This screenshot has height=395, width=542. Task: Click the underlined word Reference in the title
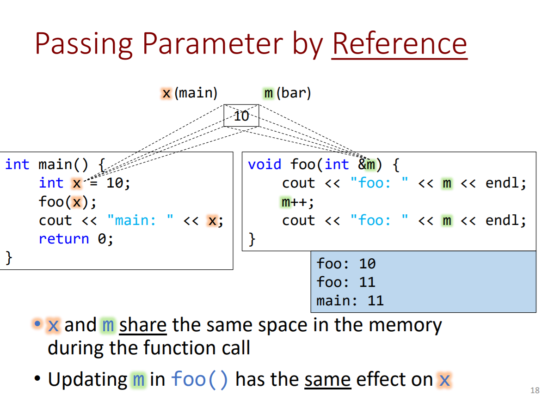(x=399, y=43)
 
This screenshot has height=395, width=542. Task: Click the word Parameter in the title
(x=212, y=43)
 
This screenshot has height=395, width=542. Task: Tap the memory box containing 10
(x=241, y=115)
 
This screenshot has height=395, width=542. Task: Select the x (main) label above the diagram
(x=190, y=93)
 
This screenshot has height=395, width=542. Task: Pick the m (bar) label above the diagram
(x=287, y=93)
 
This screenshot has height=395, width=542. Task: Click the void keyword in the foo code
(x=265, y=164)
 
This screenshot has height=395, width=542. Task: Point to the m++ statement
(x=298, y=202)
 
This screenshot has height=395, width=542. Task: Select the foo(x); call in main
(x=68, y=202)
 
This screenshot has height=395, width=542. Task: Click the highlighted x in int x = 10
(x=76, y=183)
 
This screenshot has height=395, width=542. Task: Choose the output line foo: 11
(x=346, y=282)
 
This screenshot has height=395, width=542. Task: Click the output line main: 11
(x=350, y=301)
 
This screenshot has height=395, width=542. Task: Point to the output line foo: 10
(x=346, y=264)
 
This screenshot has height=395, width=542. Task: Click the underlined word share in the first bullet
(x=143, y=325)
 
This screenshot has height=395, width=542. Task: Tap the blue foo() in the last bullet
(x=200, y=380)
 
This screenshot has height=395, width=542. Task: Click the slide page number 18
(x=535, y=389)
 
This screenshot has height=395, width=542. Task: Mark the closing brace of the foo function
(x=252, y=239)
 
